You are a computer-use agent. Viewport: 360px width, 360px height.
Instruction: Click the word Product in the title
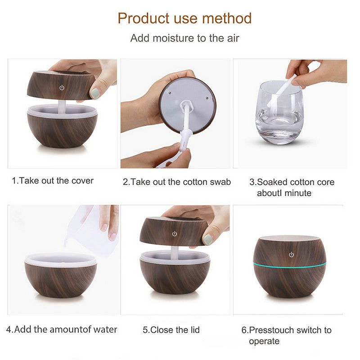(143, 18)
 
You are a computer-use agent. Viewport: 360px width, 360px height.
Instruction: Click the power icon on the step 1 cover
(62, 87)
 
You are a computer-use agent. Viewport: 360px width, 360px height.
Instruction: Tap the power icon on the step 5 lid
(175, 234)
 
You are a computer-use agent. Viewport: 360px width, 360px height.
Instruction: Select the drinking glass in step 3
(279, 112)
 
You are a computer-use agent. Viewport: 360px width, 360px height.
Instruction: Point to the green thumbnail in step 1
(95, 93)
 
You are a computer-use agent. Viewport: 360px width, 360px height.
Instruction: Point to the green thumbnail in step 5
(207, 239)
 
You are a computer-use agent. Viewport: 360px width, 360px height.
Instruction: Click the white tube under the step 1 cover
(62, 106)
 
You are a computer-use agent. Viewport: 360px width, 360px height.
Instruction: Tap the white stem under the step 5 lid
(174, 252)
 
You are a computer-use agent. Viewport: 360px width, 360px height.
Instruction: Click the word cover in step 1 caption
(82, 181)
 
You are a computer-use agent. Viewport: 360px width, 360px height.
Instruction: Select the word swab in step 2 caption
(220, 182)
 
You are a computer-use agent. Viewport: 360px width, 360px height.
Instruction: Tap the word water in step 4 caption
(105, 329)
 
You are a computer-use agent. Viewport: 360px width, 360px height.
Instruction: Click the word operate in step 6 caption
(264, 342)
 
